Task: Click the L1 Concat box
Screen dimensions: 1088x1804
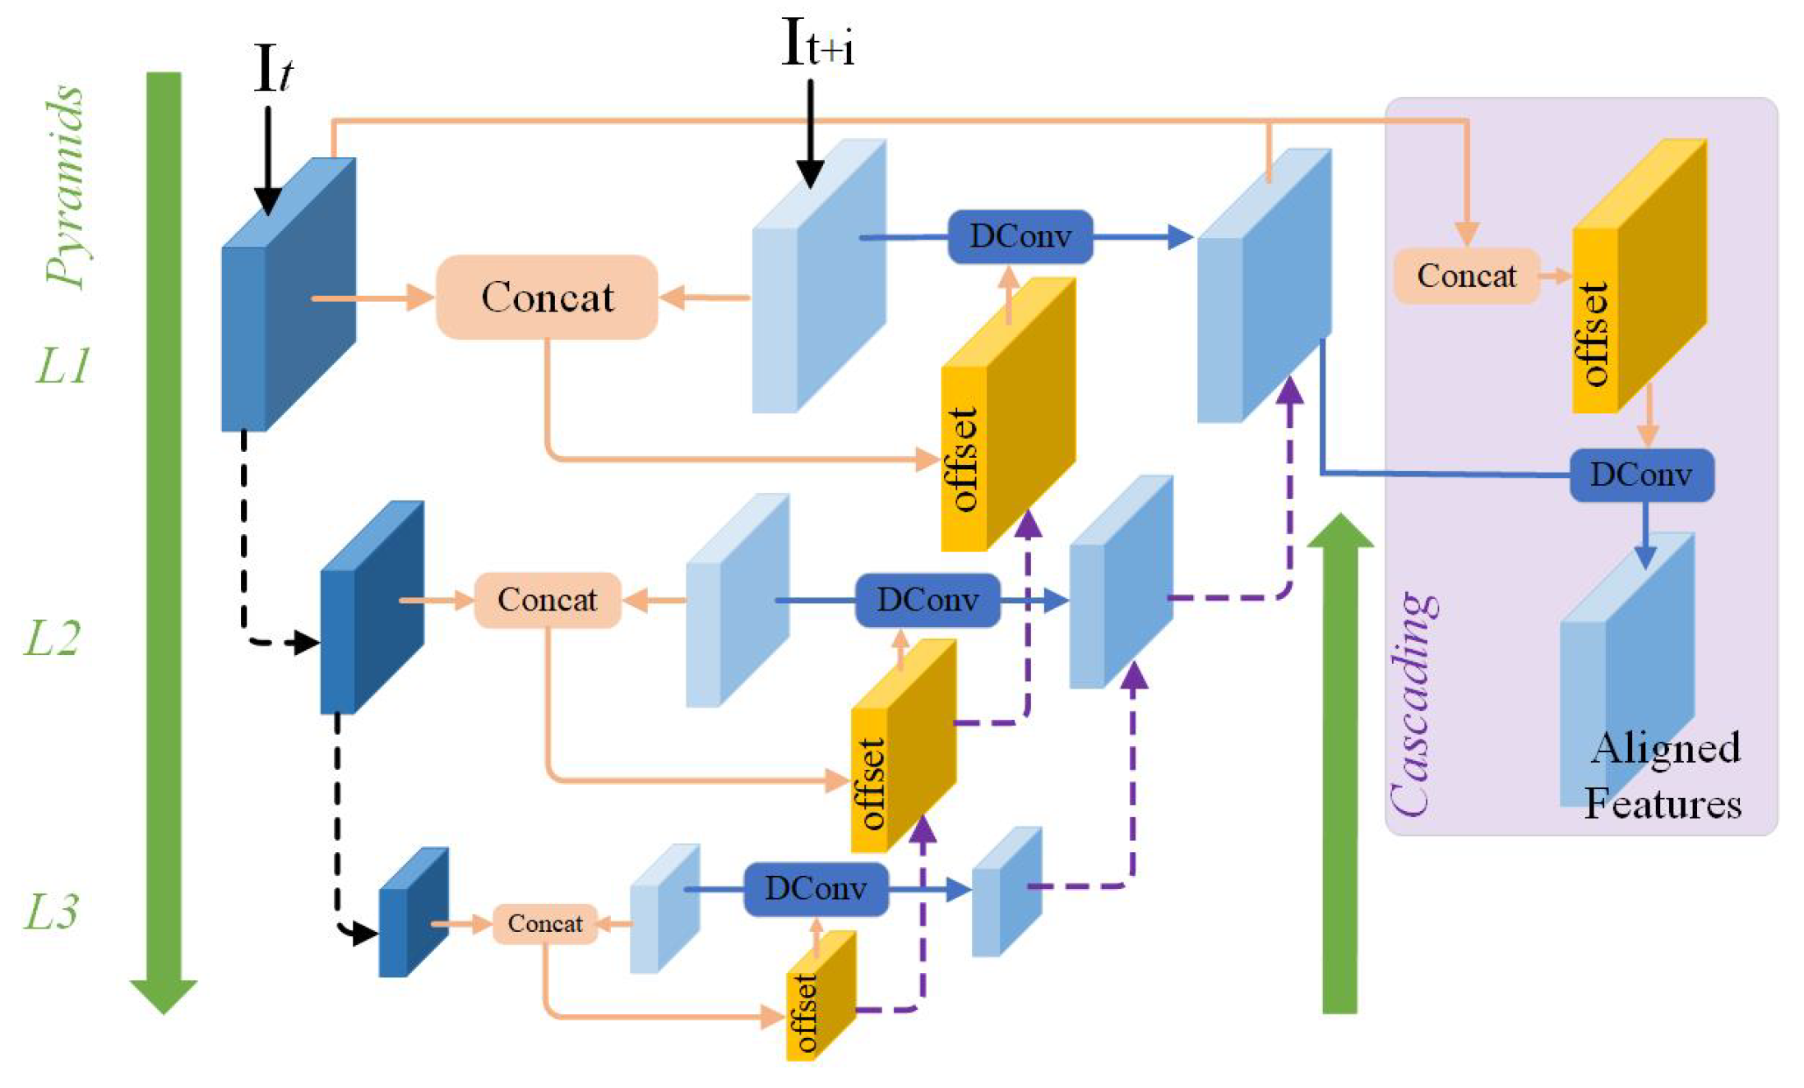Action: coord(547,297)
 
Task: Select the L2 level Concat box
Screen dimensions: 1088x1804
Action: coord(547,600)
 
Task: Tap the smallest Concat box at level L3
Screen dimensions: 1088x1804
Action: coord(544,923)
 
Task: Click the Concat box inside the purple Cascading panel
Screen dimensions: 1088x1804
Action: coord(1466,276)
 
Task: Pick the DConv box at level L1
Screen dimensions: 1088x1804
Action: coord(1020,237)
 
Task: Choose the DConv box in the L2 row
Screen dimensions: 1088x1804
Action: coord(927,600)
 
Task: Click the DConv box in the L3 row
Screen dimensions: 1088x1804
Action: coord(816,888)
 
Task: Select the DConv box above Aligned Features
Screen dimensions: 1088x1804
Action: coord(1641,475)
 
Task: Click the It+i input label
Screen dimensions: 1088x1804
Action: coord(816,43)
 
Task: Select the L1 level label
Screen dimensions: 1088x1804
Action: coord(62,366)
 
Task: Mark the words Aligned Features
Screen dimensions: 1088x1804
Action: coord(1663,776)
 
